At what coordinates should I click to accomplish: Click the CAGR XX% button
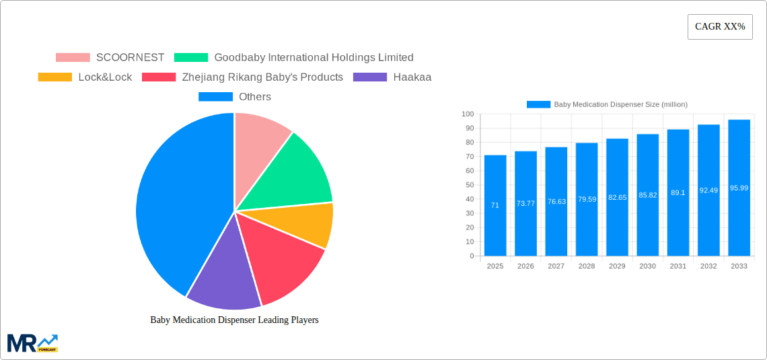[720, 27]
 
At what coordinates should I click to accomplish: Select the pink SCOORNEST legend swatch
[73, 58]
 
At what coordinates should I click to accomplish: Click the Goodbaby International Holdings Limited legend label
[314, 58]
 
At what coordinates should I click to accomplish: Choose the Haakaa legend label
[412, 77]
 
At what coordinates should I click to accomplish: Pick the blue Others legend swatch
[215, 97]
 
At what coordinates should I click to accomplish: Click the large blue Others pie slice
[175, 202]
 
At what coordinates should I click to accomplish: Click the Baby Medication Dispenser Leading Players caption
[234, 320]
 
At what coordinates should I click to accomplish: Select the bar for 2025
[495, 205]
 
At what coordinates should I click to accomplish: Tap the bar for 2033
[739, 188]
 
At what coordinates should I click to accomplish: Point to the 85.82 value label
[648, 195]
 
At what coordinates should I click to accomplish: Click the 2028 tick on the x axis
[587, 266]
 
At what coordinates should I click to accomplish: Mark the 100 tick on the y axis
[468, 114]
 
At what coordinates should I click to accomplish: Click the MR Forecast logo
[32, 343]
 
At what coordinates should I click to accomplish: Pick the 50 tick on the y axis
[469, 185]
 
